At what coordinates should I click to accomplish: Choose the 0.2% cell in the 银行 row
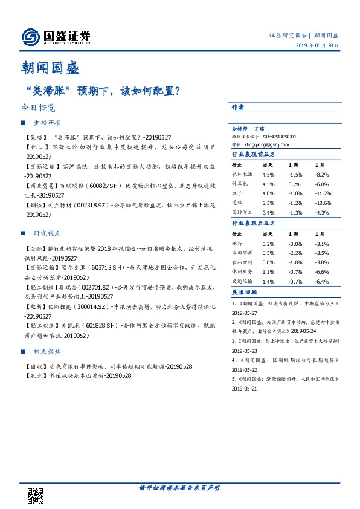pos(268,244)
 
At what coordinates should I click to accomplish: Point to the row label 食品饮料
pos(243,262)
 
